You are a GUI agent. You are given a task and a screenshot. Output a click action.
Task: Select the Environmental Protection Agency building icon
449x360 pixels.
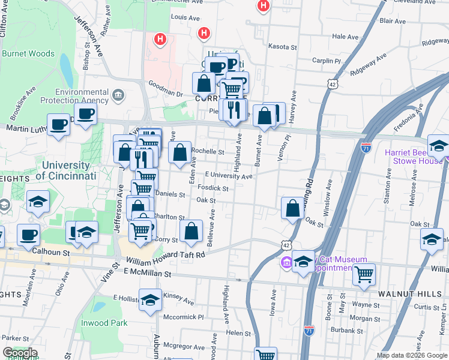point(118,95)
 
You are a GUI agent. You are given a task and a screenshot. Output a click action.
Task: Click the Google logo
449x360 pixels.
point(20,353)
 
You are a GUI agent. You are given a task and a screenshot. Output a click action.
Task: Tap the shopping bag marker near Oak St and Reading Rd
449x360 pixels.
point(292,209)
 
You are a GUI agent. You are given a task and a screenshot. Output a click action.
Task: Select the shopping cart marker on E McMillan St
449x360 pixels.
point(364,275)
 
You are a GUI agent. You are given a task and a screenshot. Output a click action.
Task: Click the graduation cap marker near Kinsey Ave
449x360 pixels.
point(150,300)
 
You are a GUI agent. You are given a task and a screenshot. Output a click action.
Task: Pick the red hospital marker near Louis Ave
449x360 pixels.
point(204,33)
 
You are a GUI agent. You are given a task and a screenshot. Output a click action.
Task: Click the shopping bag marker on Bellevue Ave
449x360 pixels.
point(191,232)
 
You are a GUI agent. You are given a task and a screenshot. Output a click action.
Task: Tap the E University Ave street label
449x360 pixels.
point(228,176)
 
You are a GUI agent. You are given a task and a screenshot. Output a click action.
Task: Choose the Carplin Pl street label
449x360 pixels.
point(327,61)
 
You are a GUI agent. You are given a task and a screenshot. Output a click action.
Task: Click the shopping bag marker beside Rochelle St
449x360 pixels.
point(179,153)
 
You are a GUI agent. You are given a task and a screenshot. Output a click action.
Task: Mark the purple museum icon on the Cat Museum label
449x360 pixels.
point(286,262)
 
